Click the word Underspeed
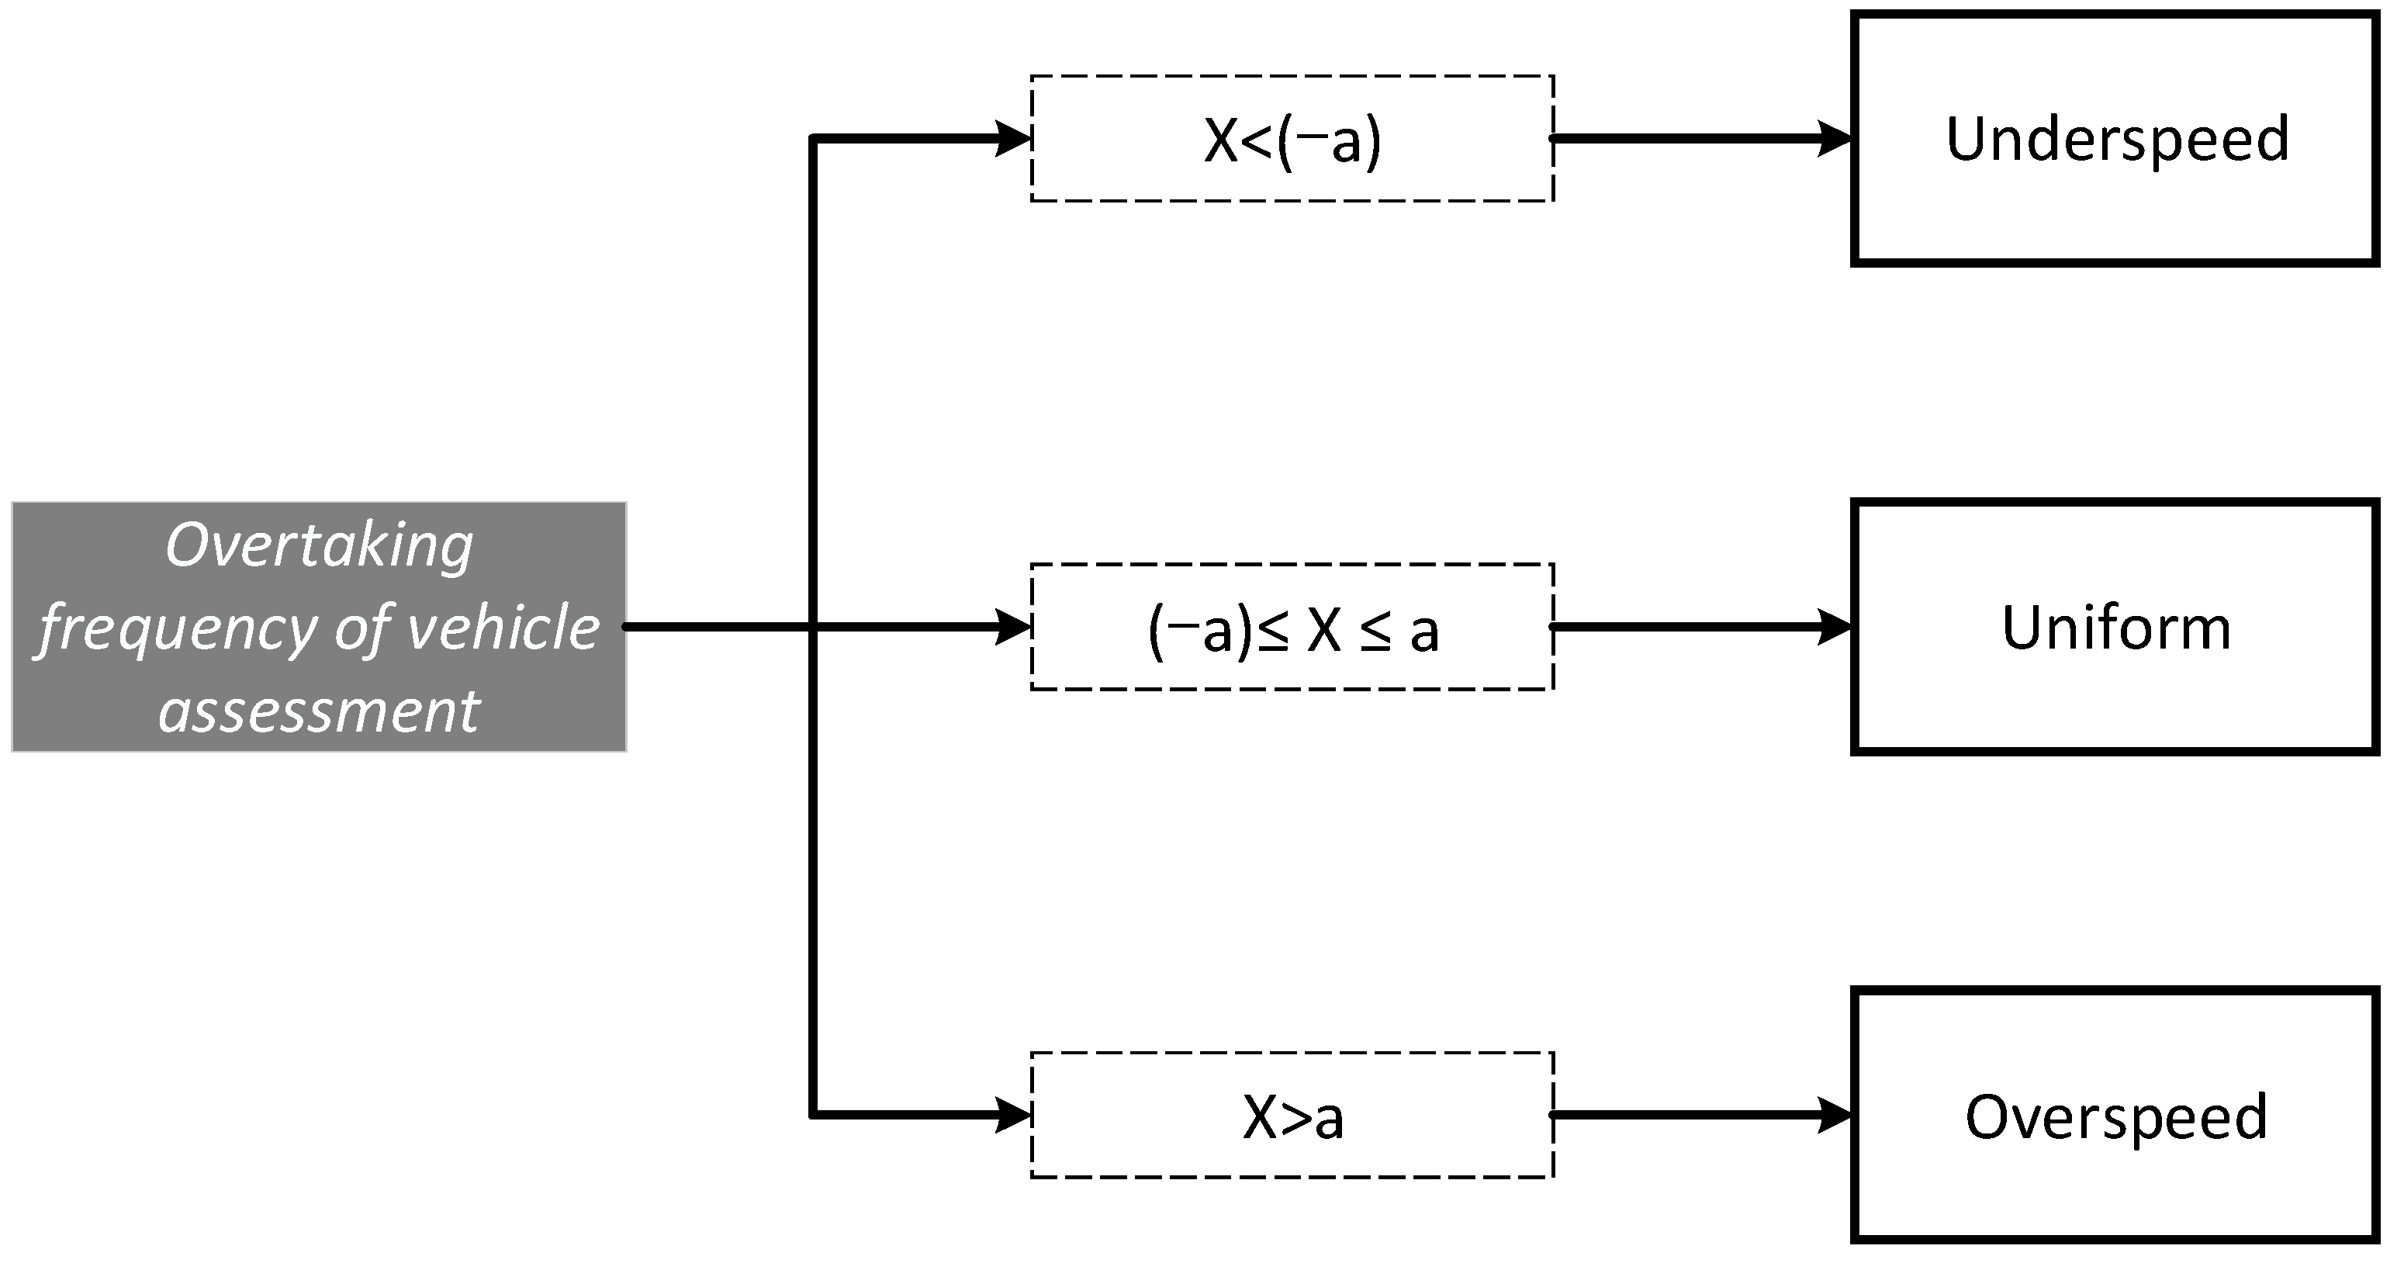point(2116,140)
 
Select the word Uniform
point(2116,628)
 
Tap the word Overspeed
point(2116,1117)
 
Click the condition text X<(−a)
point(1292,141)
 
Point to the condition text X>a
point(1292,1118)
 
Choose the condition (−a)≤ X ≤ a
point(1292,630)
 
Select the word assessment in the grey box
point(319,711)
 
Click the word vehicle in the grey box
point(504,627)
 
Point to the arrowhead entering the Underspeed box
point(1835,139)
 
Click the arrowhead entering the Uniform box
point(1835,627)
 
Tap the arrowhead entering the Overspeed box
point(1835,1115)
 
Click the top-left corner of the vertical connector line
point(814,139)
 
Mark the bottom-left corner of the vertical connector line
point(814,1115)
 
